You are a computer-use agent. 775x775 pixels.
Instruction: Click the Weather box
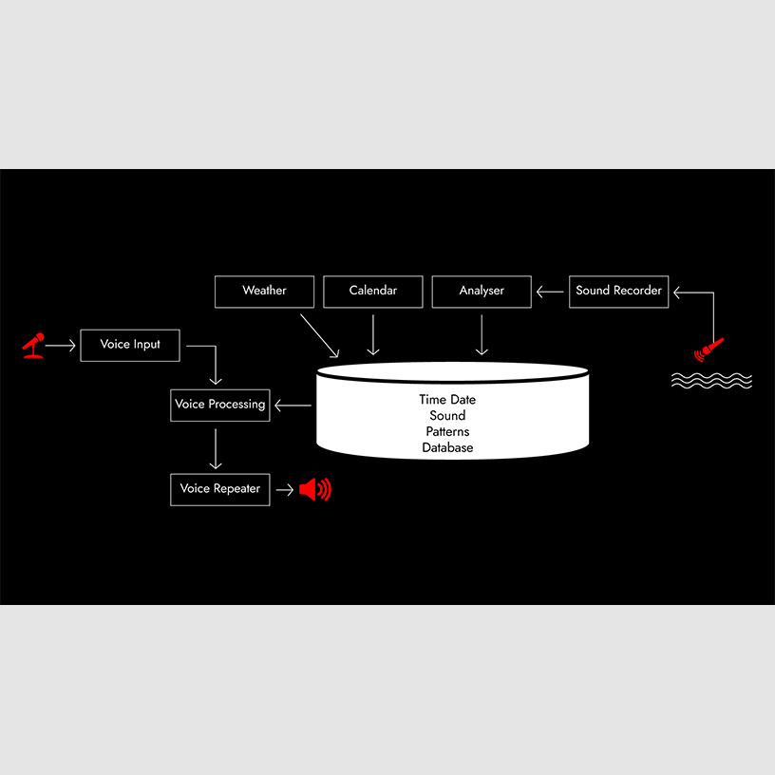(x=264, y=292)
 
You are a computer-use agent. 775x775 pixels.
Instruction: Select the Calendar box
(x=373, y=292)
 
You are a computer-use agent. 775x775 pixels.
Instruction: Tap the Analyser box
(x=482, y=292)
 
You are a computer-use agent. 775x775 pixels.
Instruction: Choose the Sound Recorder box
(x=619, y=292)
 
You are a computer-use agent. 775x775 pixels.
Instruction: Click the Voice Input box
(x=130, y=346)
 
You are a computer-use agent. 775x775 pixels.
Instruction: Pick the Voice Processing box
(x=220, y=406)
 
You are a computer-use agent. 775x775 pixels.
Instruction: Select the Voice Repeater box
(x=220, y=490)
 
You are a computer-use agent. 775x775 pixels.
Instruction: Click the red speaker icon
(x=315, y=489)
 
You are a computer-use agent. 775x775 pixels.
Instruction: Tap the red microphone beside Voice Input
(x=33, y=345)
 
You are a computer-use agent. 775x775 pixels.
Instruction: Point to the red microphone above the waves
(x=709, y=350)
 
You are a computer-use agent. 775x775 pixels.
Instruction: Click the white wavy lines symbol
(x=711, y=381)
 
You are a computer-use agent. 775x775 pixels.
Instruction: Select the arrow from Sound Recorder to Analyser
(x=550, y=292)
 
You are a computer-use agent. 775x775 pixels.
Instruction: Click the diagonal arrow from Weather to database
(x=320, y=335)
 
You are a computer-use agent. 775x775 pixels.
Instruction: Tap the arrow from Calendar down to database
(x=373, y=334)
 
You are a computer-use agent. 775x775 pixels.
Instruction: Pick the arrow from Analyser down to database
(x=482, y=334)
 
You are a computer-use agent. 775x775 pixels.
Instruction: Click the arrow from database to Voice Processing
(x=293, y=406)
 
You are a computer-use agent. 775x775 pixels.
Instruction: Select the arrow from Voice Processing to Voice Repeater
(x=216, y=449)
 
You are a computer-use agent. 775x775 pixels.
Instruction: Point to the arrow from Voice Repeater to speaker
(x=285, y=490)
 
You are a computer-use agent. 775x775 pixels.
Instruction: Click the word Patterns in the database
(x=447, y=431)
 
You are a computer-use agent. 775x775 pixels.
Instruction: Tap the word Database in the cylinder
(x=447, y=447)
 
